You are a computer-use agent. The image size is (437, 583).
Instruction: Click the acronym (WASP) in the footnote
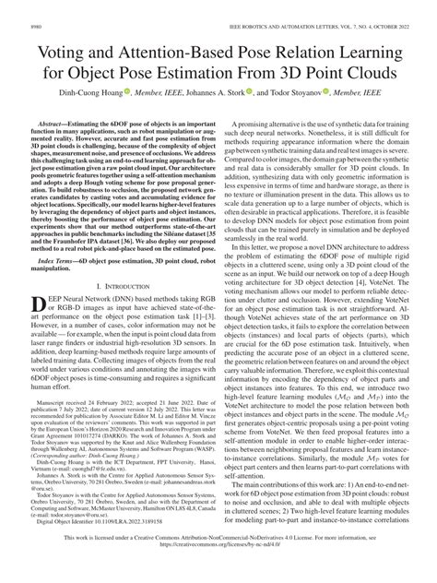pyautogui.click(x=200, y=478)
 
